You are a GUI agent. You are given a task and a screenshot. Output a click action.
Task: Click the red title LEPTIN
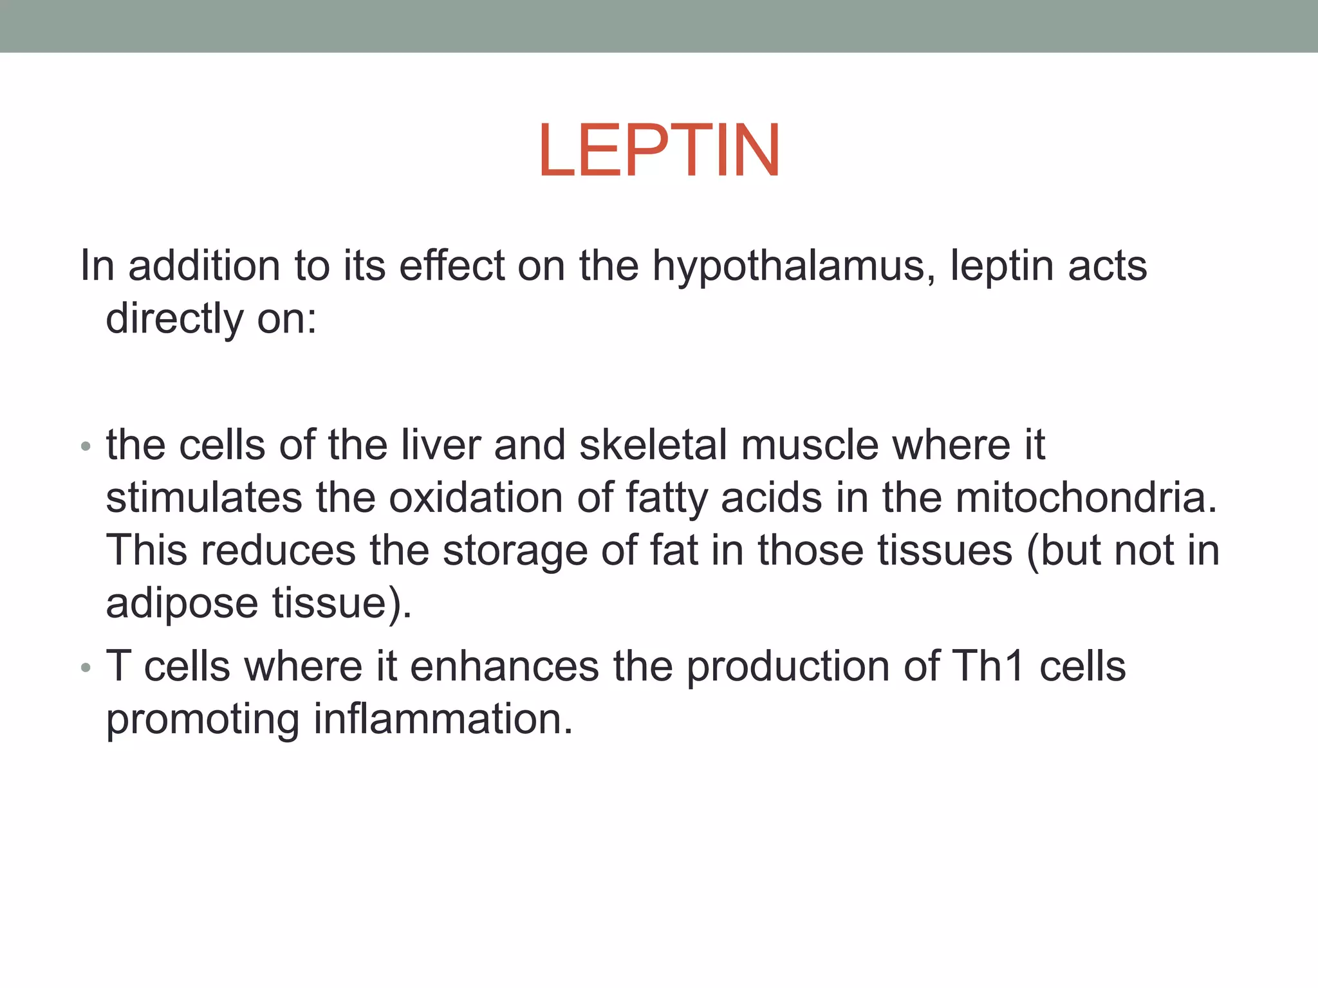tap(659, 151)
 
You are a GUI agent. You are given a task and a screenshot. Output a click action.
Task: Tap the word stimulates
tap(203, 499)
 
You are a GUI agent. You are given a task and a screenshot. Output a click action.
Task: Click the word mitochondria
tap(1086, 499)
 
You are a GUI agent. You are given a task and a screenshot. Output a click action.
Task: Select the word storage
tap(515, 551)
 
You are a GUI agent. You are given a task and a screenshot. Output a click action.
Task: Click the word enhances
tap(504, 666)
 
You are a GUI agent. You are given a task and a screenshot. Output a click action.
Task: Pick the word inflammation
tap(443, 719)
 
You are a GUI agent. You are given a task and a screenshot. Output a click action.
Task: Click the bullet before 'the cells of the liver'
tap(86, 447)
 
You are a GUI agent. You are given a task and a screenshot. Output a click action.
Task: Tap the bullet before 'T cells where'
tap(86, 668)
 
